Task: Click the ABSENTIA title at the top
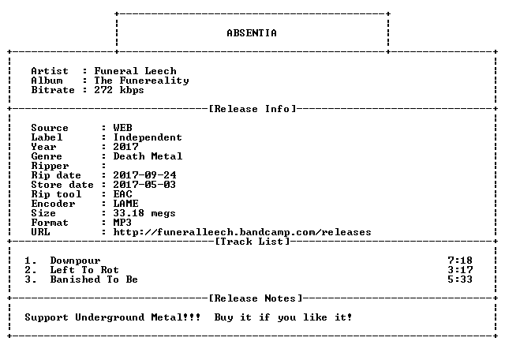(x=252, y=33)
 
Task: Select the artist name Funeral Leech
(x=135, y=71)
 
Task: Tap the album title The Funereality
(x=141, y=81)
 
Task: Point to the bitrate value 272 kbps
(x=119, y=90)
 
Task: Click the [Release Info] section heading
(x=252, y=109)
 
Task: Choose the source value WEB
(x=122, y=128)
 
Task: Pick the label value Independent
(x=148, y=137)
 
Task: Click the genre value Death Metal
(x=148, y=156)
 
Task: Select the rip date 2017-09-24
(x=144, y=175)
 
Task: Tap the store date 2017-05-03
(x=144, y=185)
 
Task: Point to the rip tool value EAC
(x=122, y=194)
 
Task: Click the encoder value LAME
(x=125, y=204)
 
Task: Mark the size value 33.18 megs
(x=144, y=213)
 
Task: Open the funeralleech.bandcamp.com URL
(x=242, y=232)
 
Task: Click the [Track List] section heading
(x=252, y=242)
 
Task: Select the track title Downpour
(x=76, y=261)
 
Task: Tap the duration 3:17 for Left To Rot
(x=460, y=270)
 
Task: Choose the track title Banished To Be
(x=94, y=279)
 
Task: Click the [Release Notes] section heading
(x=256, y=298)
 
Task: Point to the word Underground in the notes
(x=110, y=317)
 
